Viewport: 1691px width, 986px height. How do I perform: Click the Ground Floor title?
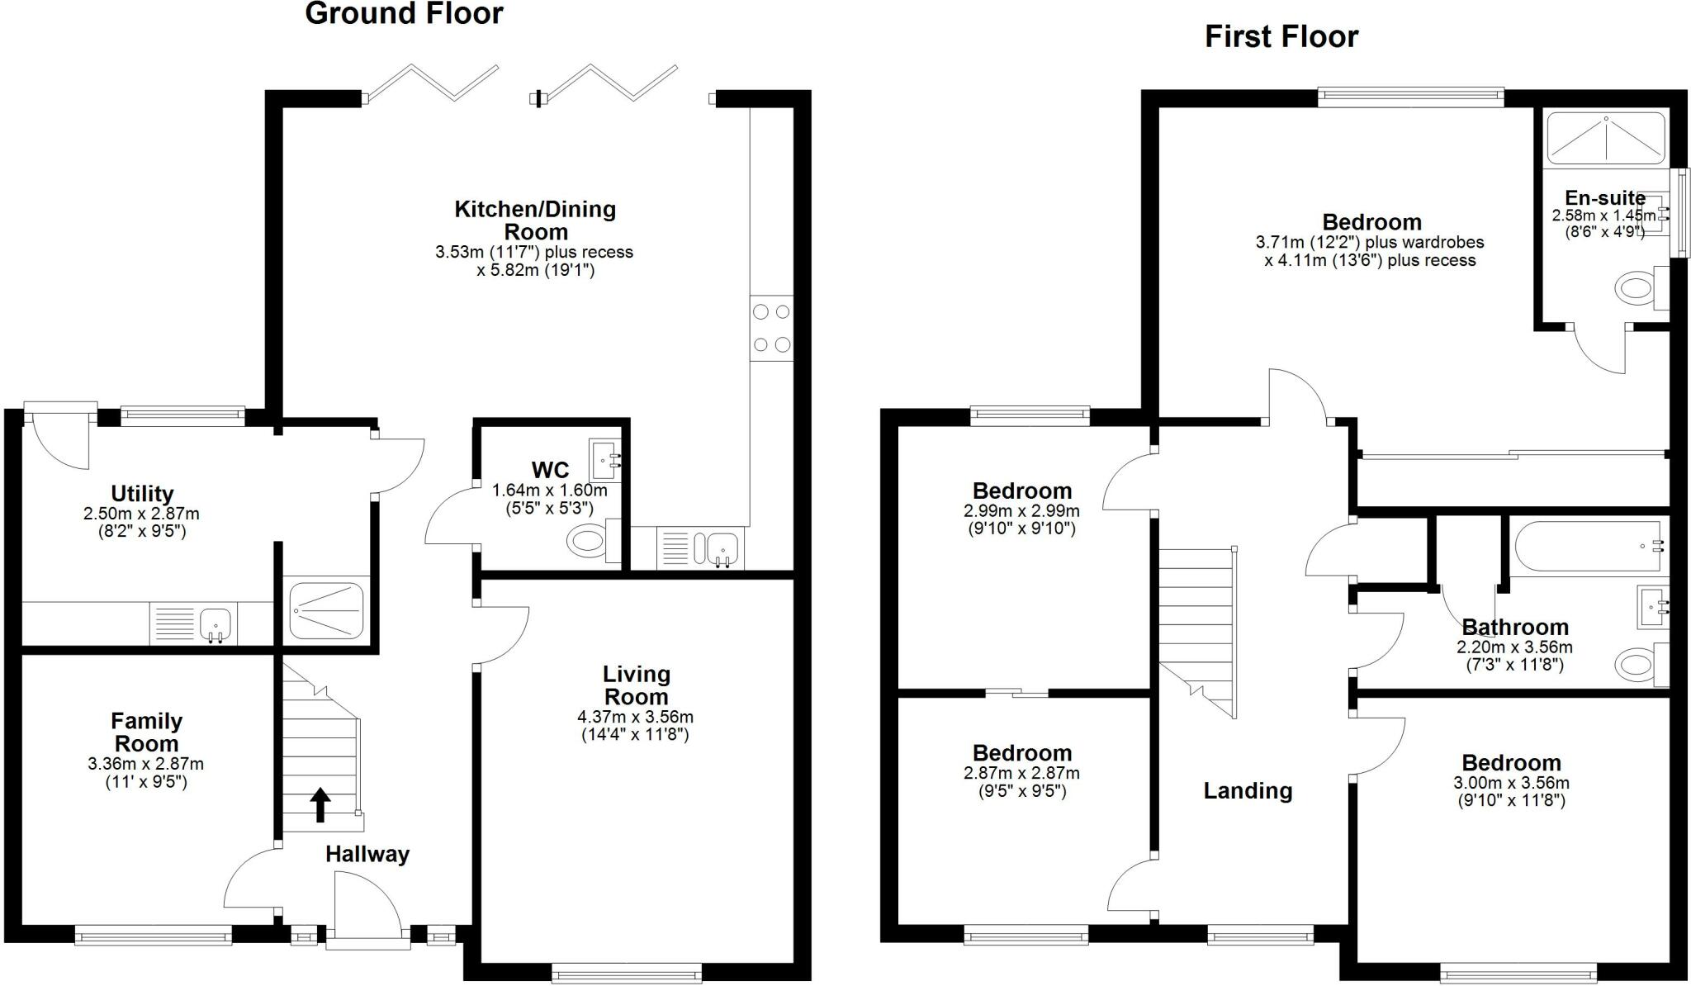[404, 14]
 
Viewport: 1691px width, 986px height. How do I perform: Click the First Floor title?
[1281, 37]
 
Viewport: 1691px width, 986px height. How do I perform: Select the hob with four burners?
[771, 328]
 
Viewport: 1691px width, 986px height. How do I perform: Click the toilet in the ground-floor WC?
[588, 543]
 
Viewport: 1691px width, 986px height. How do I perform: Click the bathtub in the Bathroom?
[1586, 547]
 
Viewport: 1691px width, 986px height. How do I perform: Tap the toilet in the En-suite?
[1632, 289]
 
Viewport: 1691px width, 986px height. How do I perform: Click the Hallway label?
[367, 855]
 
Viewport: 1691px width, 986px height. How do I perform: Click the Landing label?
[1247, 791]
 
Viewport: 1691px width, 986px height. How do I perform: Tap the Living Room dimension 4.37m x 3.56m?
[635, 717]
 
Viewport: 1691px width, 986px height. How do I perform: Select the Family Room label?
[146, 732]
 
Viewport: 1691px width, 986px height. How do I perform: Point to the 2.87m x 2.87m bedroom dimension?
[1021, 774]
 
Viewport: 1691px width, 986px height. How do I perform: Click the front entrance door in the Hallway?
[367, 908]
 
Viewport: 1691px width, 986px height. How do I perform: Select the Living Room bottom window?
[627, 974]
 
